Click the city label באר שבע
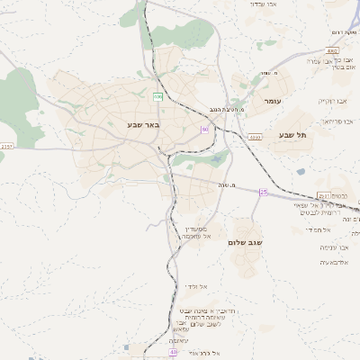143,125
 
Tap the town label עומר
274,103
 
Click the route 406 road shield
158,95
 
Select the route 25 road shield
264,192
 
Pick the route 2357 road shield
7,145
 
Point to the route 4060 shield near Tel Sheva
256,137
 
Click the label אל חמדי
316,230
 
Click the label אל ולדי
197,286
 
